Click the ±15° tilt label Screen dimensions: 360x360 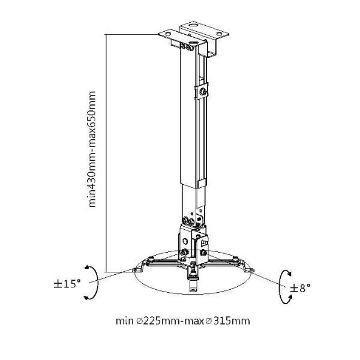pyautogui.click(x=67, y=284)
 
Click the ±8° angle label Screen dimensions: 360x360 pyautogui.click(x=300, y=288)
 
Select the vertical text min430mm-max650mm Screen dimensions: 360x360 pyautogui.click(x=92, y=149)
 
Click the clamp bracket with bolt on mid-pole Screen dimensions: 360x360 pyautogui.click(x=201, y=92)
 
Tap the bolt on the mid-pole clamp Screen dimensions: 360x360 pyautogui.click(x=203, y=92)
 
